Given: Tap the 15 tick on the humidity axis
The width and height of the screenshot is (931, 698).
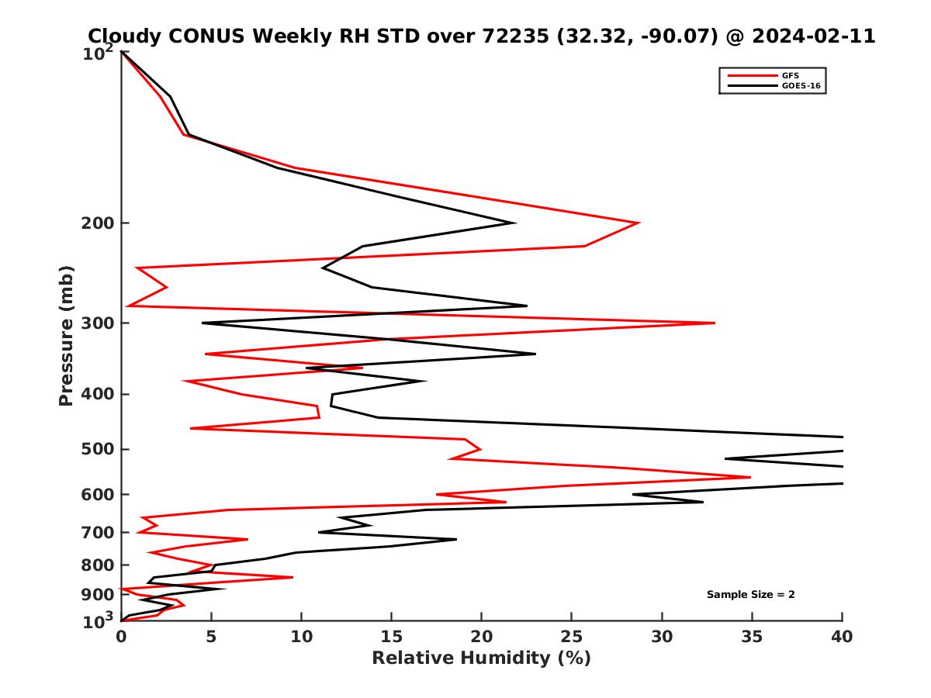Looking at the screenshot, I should tap(391, 637).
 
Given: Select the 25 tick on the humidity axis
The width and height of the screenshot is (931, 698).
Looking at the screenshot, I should tap(572, 637).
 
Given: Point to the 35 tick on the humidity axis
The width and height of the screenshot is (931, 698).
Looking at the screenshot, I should tap(752, 637).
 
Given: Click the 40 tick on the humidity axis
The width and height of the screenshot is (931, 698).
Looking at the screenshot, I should tap(842, 637).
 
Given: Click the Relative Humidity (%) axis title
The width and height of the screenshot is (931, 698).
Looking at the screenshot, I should tap(481, 658).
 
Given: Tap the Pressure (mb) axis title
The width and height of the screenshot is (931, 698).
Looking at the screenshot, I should tap(66, 335).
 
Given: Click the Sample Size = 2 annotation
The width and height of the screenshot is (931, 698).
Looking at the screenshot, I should tap(750, 595).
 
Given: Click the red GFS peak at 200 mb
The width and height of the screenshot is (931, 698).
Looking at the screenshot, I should tap(638, 223).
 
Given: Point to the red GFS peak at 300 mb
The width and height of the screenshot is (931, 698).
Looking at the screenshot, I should tap(714, 323).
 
